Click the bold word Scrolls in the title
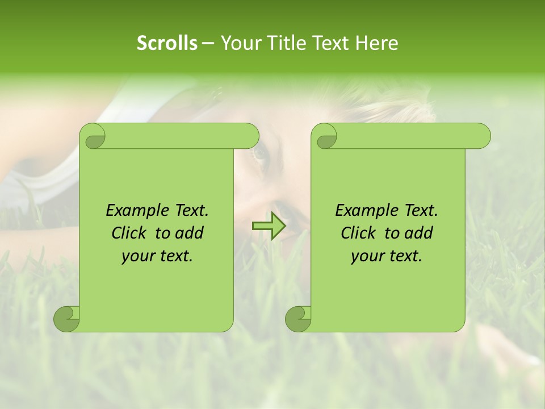[x=167, y=43]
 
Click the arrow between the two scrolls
[x=269, y=226]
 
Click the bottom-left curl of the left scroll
[x=66, y=319]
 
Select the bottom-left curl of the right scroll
[x=298, y=319]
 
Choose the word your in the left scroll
[x=137, y=256]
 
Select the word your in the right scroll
[x=367, y=256]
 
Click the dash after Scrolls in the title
[x=207, y=43]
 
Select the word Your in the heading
[x=238, y=43]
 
